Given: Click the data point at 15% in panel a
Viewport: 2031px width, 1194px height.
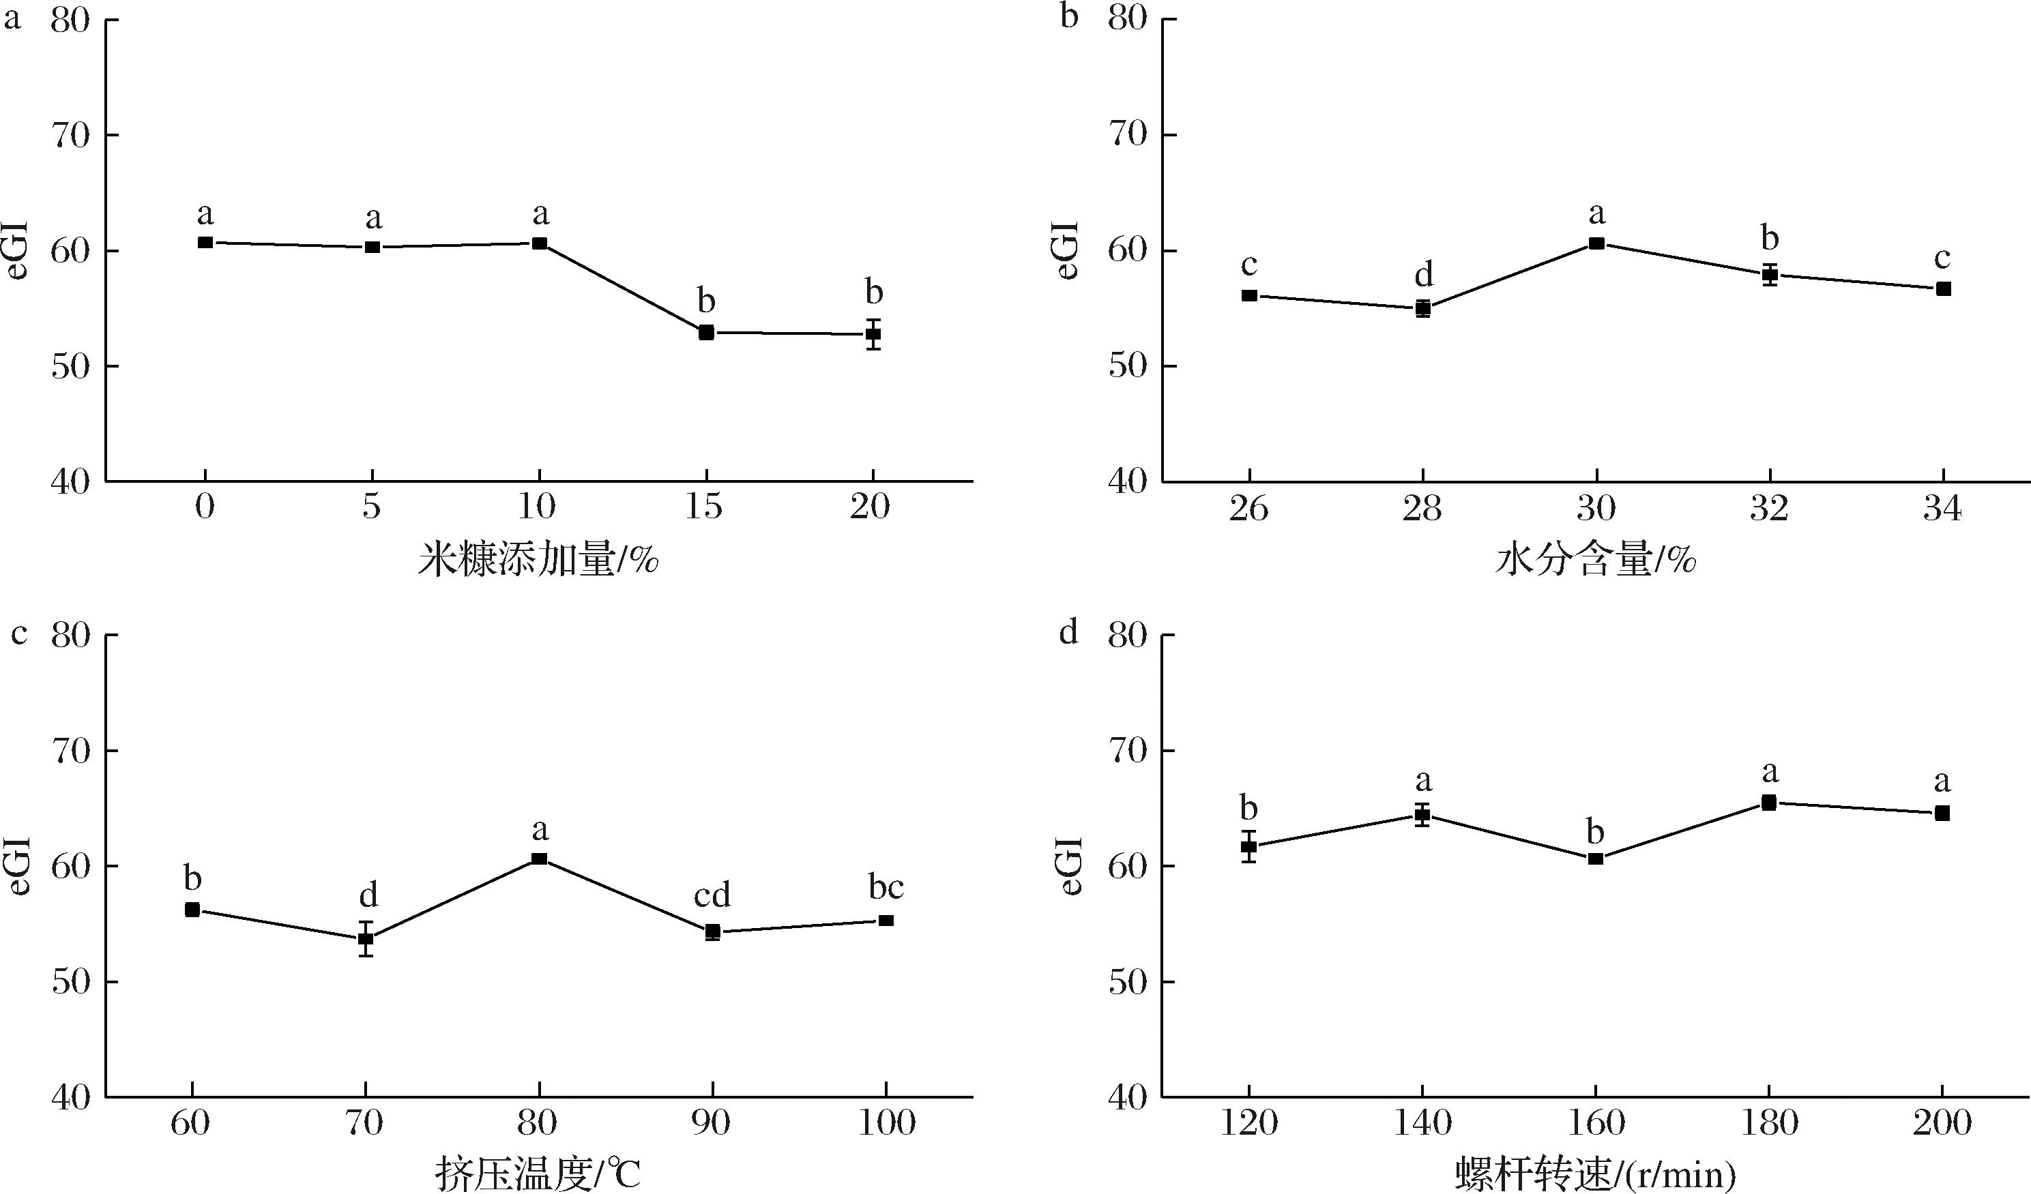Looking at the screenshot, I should point(706,333).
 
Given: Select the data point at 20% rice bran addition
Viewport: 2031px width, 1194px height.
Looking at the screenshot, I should point(873,334).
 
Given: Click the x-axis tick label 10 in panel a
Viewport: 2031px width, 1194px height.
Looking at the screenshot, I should point(537,507).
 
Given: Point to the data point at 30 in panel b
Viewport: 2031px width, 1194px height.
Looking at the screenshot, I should point(1596,243).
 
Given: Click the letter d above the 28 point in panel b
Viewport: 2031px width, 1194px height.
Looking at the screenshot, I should point(1424,275).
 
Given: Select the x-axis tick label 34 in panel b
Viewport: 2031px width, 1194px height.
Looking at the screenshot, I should point(1942,509).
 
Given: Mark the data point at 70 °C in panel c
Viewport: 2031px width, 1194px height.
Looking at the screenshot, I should point(366,938).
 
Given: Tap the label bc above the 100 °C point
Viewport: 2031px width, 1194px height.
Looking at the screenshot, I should point(886,887).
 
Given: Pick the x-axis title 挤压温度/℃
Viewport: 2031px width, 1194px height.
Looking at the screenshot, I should point(538,1174).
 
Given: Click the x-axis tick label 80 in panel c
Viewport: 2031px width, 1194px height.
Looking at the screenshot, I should point(538,1122).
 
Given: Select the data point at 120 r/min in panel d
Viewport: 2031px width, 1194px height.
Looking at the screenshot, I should point(1249,847).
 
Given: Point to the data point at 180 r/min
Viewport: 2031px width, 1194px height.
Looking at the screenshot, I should point(1769,803).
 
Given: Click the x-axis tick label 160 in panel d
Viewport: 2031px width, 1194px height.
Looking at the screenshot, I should point(1595,1122).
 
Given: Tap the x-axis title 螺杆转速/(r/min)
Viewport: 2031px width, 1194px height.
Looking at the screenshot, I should point(1596,1174).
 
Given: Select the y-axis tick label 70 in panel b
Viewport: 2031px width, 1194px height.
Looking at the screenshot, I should point(1127,134).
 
